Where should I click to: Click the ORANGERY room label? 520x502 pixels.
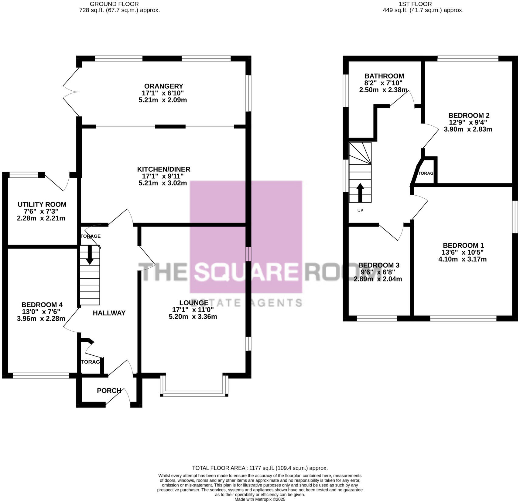[x=163, y=86]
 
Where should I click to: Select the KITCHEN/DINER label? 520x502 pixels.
[x=163, y=169]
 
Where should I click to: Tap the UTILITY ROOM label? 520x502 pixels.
[x=42, y=204]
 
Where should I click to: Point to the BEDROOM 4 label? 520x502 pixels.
[x=42, y=305]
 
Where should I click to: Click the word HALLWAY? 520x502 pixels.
[x=109, y=313]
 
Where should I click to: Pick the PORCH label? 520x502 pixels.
[x=109, y=390]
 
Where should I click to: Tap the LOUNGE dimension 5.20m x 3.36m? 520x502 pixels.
[x=193, y=317]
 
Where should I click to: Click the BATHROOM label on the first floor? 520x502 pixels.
[x=384, y=76]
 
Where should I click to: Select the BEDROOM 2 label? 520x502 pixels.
[x=469, y=116]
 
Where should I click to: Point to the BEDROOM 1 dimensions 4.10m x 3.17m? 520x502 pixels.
[x=463, y=259]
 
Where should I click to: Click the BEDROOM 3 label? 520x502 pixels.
[x=378, y=265]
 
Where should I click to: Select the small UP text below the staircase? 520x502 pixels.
[x=360, y=211]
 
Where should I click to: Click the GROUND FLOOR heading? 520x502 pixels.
[x=115, y=4]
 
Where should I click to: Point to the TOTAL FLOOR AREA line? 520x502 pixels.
[x=260, y=468]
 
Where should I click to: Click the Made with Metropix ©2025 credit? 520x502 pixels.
[x=260, y=499]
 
